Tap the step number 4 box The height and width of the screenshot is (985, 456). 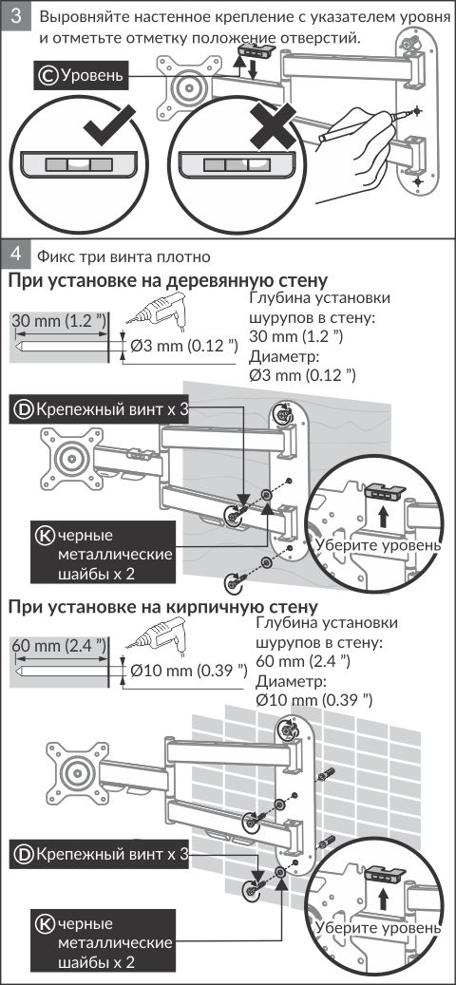(x=17, y=255)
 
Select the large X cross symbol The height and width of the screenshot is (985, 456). (x=271, y=127)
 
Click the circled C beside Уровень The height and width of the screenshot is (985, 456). (x=47, y=76)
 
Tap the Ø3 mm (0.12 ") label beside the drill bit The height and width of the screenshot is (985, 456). (x=183, y=345)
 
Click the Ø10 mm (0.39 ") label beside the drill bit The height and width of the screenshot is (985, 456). (x=188, y=671)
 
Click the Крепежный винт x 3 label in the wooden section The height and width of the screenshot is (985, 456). (x=103, y=409)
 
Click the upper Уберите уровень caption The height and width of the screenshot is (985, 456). (x=379, y=544)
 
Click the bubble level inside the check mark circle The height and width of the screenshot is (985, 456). (x=78, y=165)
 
